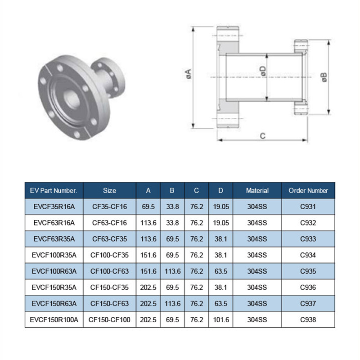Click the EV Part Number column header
[54, 190]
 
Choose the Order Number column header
[308, 190]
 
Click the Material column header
[257, 190]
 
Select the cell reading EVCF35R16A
[54, 207]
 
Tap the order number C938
[308, 320]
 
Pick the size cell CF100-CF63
[109, 271]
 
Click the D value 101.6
[220, 320]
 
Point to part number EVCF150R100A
[54, 320]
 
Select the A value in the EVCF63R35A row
[148, 239]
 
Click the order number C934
[308, 255]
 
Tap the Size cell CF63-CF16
[109, 223]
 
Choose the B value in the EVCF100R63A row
[172, 271]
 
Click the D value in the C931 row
[220, 207]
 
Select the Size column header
[109, 190]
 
